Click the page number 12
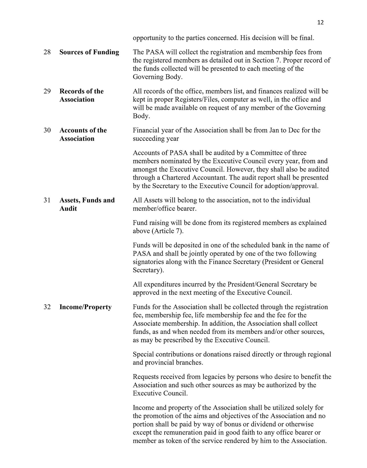[x=321, y=22]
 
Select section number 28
[x=47, y=52]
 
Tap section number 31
[x=47, y=200]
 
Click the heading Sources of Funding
[x=89, y=52]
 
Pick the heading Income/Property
[x=85, y=307]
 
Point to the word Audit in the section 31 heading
[x=68, y=209]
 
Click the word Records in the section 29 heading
[x=72, y=91]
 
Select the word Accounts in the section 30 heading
[x=73, y=130]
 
